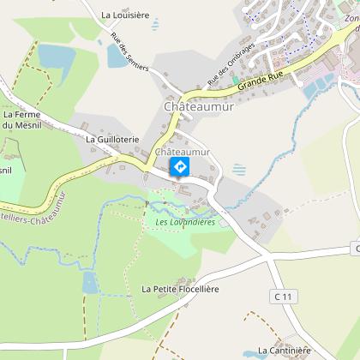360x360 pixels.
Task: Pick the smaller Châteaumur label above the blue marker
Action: coord(179,152)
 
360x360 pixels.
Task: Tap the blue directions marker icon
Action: coord(180,166)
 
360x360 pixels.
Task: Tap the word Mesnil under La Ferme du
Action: coord(20,126)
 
